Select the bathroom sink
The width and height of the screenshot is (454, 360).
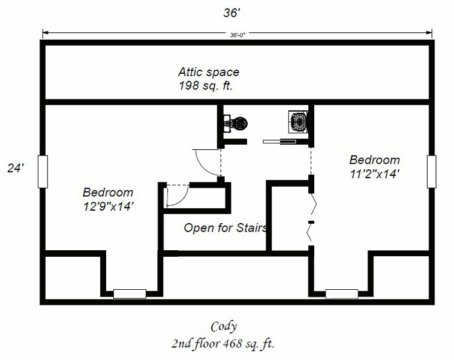(298, 122)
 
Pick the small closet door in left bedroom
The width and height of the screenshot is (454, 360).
(176, 195)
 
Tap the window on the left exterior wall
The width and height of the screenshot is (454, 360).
(42, 172)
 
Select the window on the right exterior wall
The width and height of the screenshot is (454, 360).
(432, 172)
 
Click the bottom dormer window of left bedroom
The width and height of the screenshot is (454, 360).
(130, 294)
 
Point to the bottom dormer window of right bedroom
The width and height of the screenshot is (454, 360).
(342, 294)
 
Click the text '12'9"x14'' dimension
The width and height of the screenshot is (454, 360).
(108, 206)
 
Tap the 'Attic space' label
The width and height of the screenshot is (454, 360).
(208, 72)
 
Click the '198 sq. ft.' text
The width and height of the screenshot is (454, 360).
(206, 86)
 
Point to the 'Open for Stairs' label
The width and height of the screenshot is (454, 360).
(225, 228)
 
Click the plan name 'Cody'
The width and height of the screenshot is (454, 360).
(224, 327)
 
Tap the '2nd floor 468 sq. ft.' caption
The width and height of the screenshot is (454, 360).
(223, 344)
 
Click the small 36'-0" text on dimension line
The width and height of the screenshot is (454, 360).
(238, 35)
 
